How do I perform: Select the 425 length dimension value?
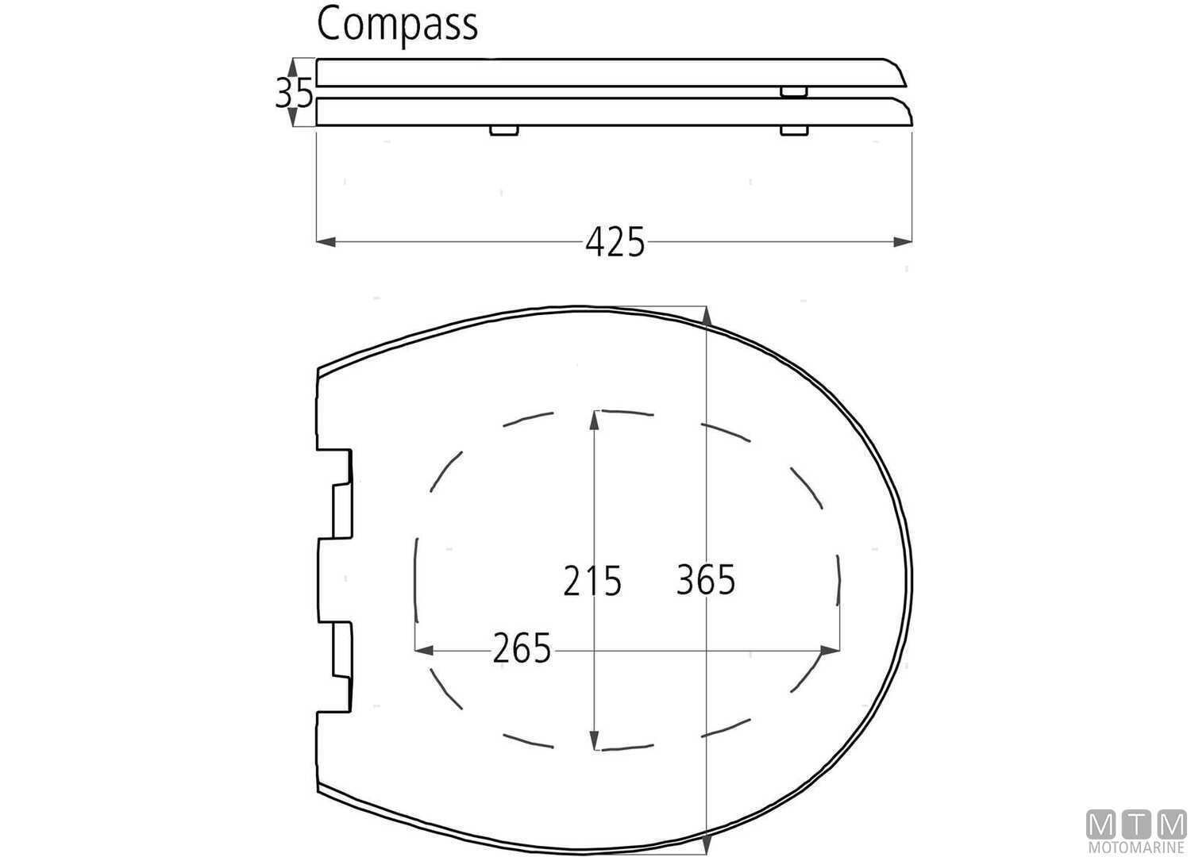615,242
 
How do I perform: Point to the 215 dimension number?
592,581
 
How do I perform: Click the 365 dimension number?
706,579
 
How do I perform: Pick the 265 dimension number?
522,650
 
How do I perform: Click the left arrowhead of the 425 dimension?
325,241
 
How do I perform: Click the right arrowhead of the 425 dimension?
904,241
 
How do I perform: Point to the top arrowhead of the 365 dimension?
706,316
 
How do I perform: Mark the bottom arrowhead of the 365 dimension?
706,840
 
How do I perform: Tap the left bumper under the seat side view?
503,131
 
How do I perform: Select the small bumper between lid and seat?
794,92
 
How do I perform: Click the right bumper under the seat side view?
794,131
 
